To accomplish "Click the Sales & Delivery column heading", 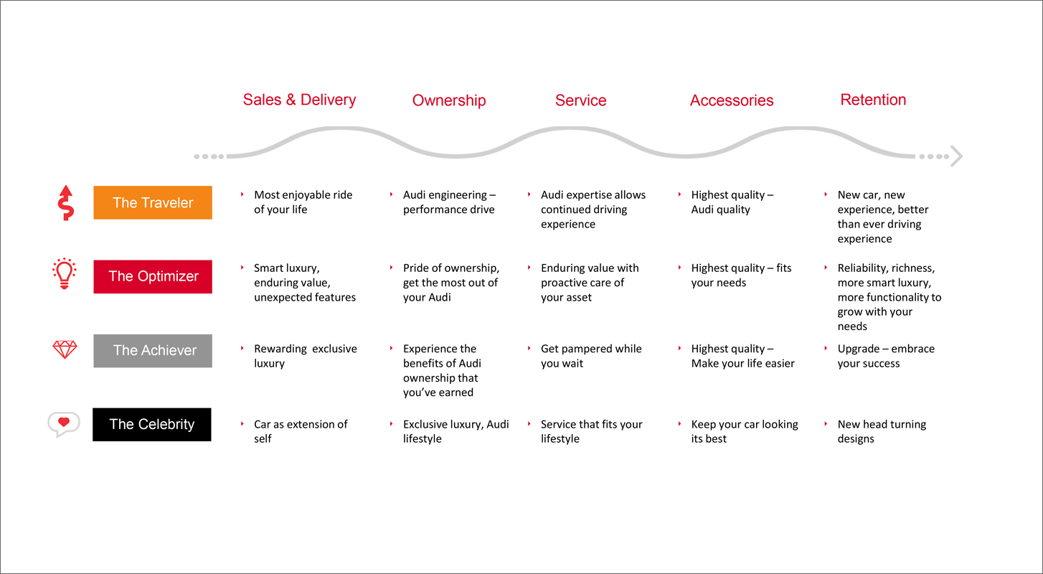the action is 299,100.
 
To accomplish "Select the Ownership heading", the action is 449,100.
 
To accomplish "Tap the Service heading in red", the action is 580,100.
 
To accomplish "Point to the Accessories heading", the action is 732,100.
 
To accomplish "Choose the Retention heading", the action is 873,100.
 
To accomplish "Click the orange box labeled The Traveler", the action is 153,202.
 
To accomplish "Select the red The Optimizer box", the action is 153,277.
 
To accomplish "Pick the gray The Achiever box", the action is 153,351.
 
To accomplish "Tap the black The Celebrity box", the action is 152,425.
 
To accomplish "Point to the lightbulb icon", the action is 65,274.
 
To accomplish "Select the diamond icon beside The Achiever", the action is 65,349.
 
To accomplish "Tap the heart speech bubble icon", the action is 64,424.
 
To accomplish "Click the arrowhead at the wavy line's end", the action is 956,156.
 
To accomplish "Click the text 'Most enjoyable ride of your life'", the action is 303,202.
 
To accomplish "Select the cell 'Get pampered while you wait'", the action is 591,356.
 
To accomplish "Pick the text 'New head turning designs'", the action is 882,431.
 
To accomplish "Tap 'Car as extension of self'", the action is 301,431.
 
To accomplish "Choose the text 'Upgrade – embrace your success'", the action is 886,356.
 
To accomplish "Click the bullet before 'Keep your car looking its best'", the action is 680,424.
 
